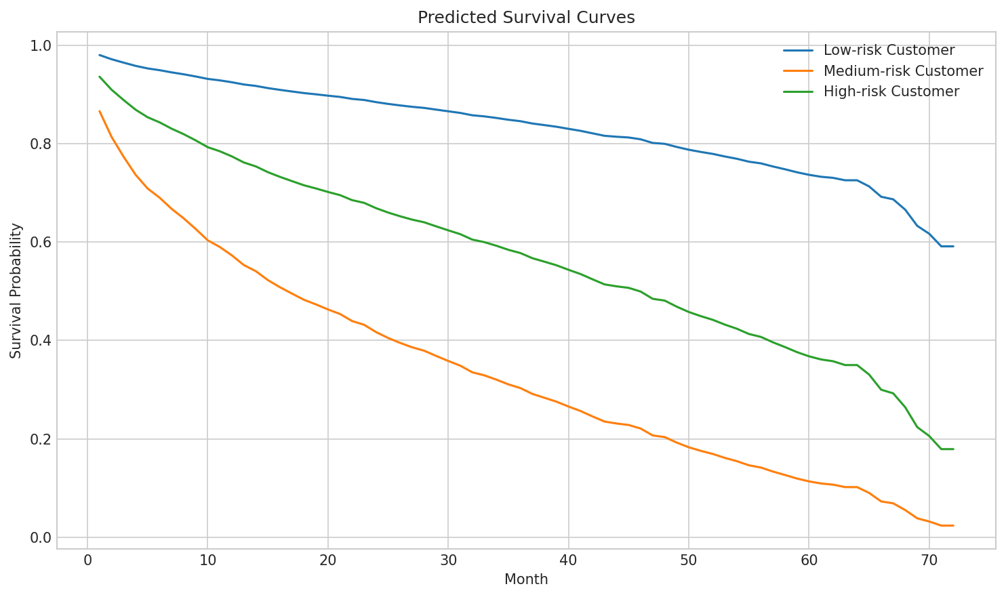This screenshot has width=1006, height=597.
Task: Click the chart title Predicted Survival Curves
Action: (526, 18)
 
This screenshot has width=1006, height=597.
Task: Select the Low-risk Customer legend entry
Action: (889, 50)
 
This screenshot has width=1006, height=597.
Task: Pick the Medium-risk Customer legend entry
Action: (903, 71)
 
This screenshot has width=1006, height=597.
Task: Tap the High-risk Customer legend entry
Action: (891, 91)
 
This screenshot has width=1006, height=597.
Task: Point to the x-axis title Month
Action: (526, 579)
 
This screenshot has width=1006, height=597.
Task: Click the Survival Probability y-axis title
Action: (16, 291)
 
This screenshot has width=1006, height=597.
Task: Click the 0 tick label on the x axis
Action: (87, 560)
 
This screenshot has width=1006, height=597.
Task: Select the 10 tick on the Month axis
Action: (207, 560)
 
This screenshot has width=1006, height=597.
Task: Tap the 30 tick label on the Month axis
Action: (448, 560)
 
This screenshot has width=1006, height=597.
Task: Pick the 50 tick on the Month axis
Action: (688, 560)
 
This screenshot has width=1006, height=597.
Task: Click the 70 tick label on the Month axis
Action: (929, 560)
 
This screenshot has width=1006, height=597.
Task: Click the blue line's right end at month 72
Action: (953, 246)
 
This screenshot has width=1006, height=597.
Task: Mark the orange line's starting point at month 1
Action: (100, 111)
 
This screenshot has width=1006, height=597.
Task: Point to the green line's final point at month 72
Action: (953, 449)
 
